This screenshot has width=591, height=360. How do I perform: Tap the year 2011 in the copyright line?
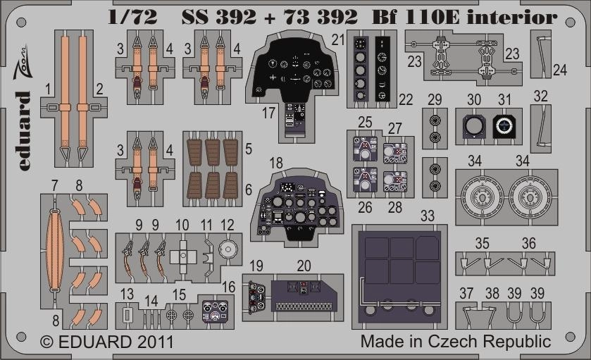[x=155, y=342]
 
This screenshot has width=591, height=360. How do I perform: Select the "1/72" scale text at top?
[x=132, y=17]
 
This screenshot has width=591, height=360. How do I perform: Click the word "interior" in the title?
[x=512, y=17]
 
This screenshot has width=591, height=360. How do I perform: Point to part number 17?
[x=269, y=113]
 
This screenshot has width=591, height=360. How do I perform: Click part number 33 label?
[x=428, y=216]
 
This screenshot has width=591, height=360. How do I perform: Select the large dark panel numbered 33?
[x=399, y=277]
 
